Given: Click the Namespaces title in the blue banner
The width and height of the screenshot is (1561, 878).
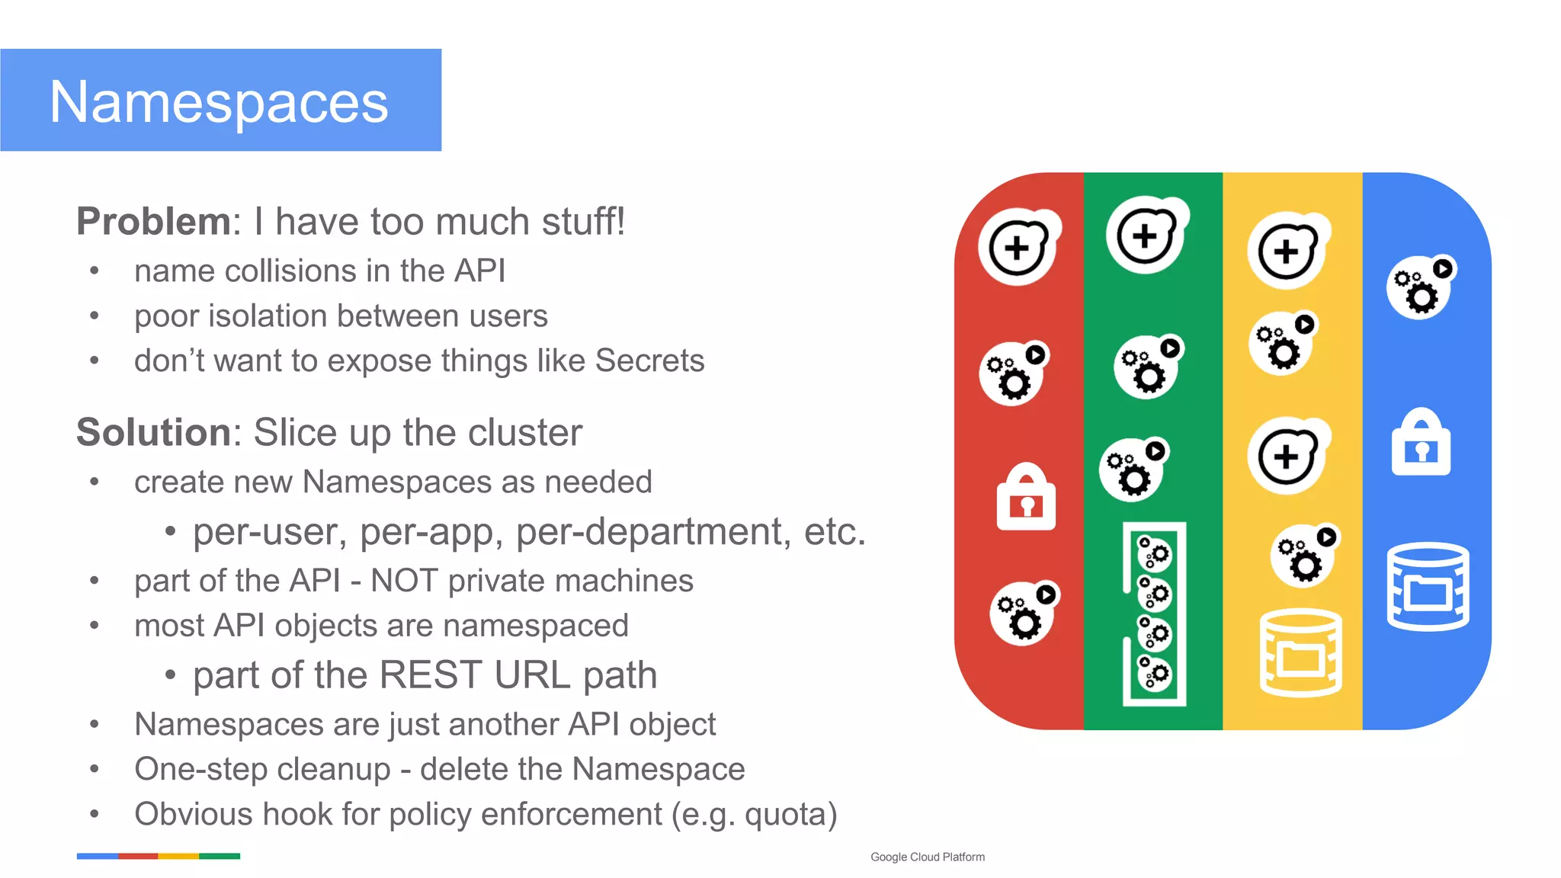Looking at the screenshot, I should point(219,102).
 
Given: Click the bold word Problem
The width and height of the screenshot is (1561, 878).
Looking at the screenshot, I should point(153,222).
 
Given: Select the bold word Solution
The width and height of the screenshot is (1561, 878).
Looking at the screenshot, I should point(153,433).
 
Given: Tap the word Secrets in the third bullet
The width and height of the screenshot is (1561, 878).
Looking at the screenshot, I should point(649,360).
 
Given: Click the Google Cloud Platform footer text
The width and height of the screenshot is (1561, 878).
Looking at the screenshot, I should point(927,857).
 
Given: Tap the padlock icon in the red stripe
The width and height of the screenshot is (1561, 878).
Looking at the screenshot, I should point(1026,498).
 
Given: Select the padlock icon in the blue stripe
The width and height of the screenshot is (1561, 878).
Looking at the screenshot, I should point(1421,443).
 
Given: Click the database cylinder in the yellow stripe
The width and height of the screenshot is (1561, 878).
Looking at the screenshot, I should point(1300,653).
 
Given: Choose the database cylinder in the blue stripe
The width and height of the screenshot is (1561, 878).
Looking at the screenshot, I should point(1428,587).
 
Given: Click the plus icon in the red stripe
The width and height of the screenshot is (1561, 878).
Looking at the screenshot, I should point(1018,247).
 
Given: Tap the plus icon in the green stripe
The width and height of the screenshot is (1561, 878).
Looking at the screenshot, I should point(1146,236).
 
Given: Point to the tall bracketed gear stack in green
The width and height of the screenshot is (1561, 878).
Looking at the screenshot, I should point(1154,614).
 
